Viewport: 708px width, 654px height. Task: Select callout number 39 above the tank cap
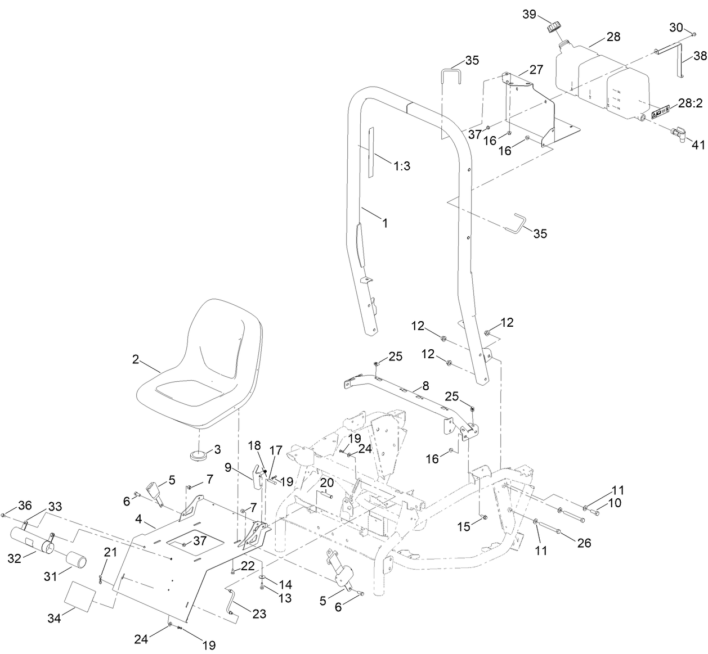coord(530,15)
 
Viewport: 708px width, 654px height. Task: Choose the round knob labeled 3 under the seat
coord(198,454)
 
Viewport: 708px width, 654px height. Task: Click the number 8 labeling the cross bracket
coord(425,386)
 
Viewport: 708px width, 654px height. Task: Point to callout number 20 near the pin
coord(327,483)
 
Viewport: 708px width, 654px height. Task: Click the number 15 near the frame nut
coord(463,527)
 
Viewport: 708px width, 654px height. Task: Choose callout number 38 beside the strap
coord(700,56)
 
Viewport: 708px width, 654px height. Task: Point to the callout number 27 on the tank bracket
coord(536,69)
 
